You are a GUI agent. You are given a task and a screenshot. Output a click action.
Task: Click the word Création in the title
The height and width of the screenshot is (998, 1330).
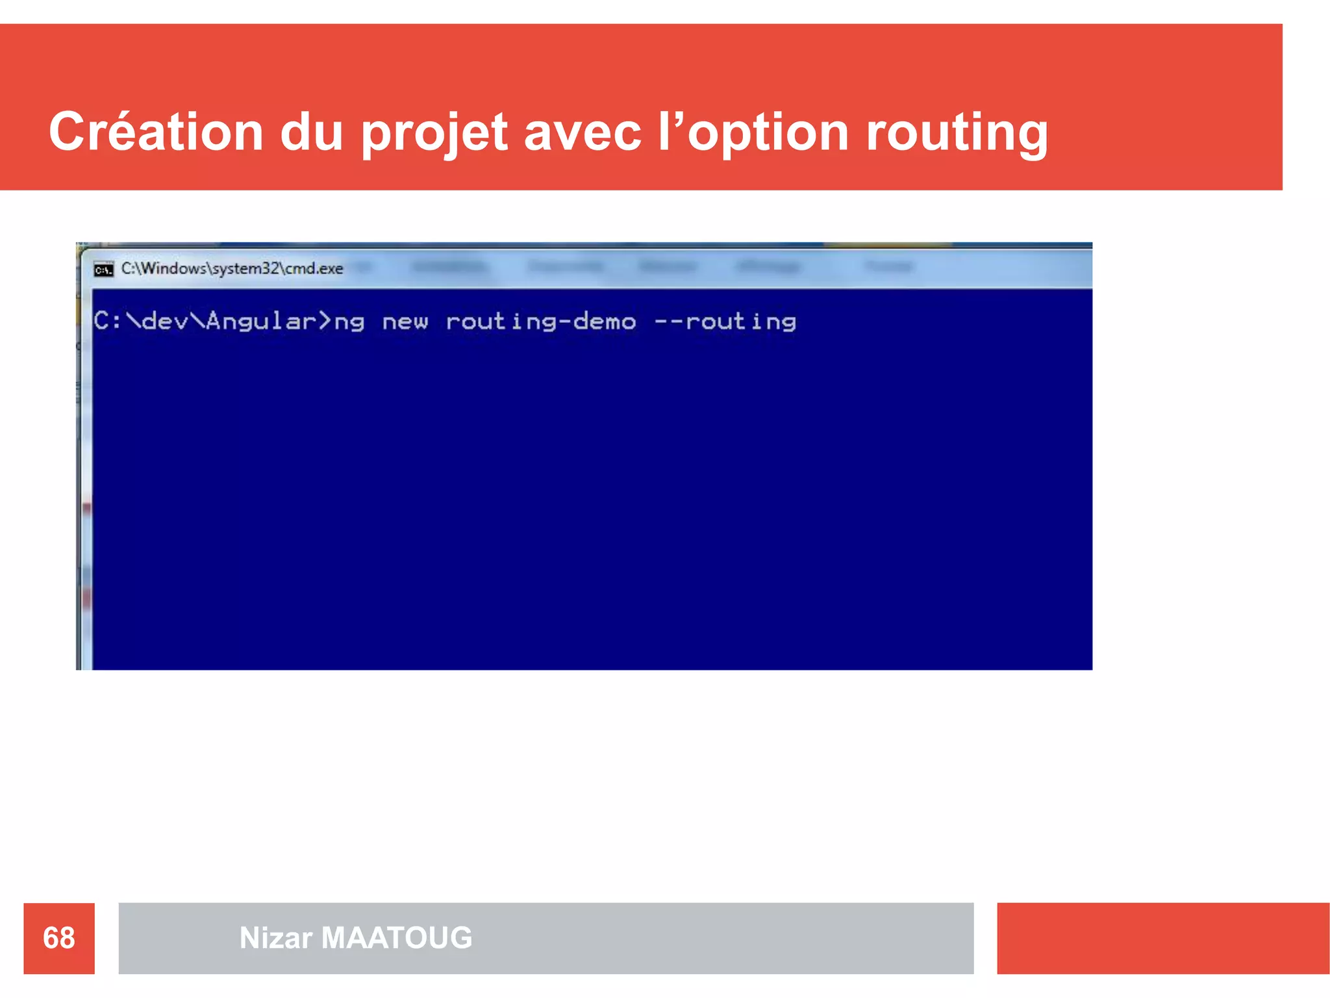pos(156,132)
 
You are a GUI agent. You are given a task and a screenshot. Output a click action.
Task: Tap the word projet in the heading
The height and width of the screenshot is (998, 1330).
pos(434,133)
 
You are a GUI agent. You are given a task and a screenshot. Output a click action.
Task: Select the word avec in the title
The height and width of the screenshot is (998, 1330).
pos(583,133)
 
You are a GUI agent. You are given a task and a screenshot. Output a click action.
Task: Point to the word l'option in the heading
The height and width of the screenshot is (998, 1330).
pos(753,133)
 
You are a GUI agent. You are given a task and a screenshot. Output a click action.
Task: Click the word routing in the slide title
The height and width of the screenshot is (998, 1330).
pos(957,133)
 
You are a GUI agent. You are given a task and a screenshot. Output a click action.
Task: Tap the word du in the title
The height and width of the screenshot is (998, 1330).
pos(311,132)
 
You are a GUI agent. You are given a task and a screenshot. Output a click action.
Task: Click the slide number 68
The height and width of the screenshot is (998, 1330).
pos(59,938)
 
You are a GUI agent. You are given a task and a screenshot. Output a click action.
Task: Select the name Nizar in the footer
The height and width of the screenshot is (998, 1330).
pos(276,938)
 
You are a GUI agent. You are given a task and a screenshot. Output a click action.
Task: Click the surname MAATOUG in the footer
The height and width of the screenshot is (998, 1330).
pos(397,938)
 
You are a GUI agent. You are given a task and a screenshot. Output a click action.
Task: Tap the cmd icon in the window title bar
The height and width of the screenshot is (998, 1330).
pos(103,269)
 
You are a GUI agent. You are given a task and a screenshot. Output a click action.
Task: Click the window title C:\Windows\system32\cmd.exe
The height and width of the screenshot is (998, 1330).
pos(232,268)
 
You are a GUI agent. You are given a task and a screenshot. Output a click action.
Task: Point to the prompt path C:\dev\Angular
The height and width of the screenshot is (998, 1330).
pos(205,322)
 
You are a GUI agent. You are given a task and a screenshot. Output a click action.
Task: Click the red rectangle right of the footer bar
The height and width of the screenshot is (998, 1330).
pos(1162,938)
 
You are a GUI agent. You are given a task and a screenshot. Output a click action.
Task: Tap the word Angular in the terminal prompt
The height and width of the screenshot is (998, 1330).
pos(261,322)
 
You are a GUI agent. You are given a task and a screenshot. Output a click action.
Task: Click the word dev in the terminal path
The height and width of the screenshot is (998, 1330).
pos(165,322)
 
